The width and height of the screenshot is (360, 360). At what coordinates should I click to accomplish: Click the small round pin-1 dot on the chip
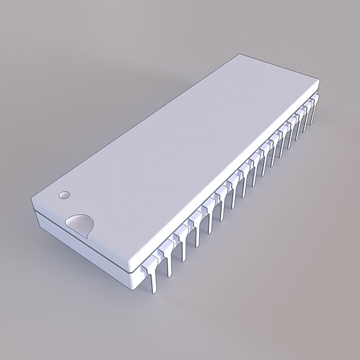tap(63, 196)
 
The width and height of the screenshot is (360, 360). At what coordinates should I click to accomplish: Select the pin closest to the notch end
tap(151, 274)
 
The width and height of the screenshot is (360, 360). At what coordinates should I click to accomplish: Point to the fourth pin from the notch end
tap(196, 232)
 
